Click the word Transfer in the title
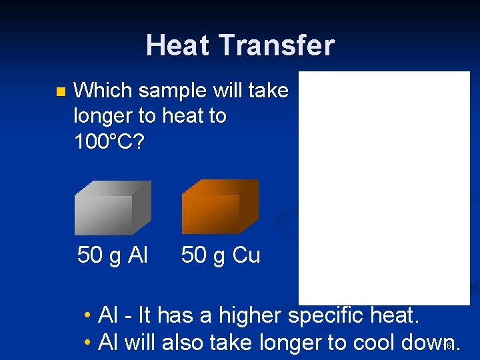tap(277, 45)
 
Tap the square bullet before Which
tap(61, 91)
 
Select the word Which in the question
tap(104, 91)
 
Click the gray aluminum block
tap(112, 207)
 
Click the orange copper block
tap(219, 207)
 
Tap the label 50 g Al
tap(113, 255)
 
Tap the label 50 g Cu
tap(221, 255)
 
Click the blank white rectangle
tap(384, 188)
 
